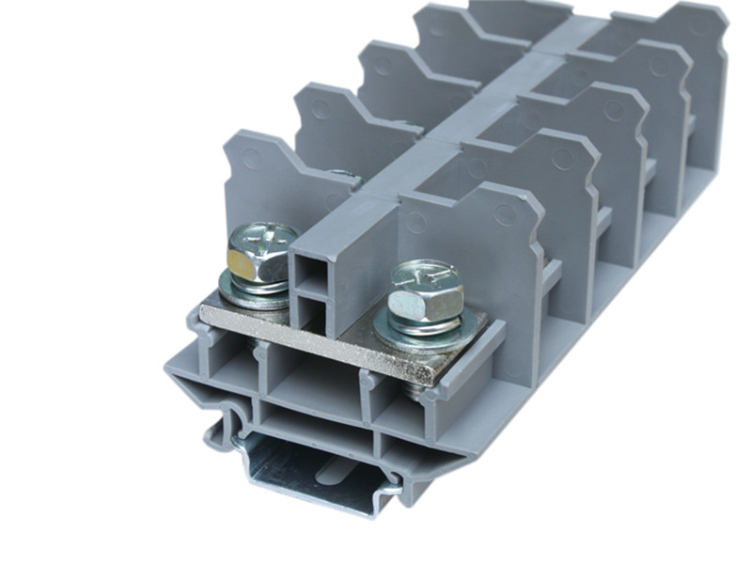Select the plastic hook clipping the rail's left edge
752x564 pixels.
218,431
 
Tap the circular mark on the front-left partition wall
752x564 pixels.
252,159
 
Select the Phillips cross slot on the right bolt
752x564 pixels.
424,274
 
